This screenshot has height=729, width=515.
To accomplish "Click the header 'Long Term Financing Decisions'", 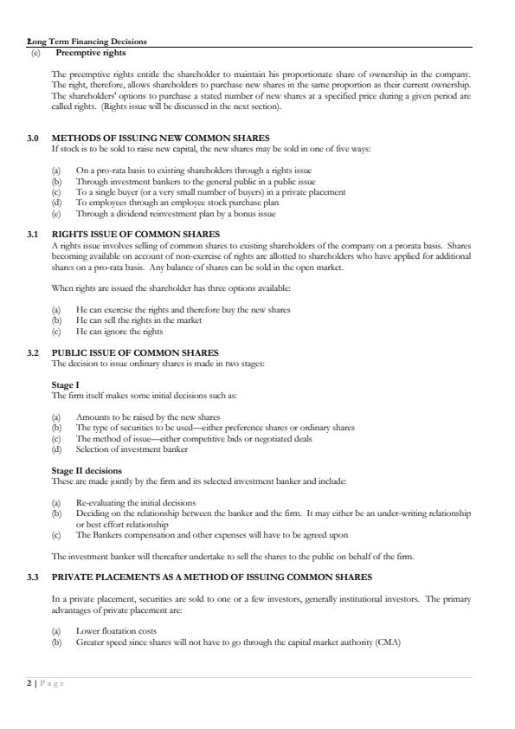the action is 87,42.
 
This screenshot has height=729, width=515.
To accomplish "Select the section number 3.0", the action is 32,138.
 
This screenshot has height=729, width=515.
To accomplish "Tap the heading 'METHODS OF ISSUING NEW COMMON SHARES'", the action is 160,138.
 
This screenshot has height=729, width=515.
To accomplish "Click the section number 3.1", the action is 32,234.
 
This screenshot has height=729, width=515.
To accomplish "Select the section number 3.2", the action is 32,353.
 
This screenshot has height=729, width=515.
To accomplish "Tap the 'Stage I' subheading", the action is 65,384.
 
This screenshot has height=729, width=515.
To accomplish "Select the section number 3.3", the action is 32,577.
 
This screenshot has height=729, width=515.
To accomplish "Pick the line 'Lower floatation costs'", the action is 116,631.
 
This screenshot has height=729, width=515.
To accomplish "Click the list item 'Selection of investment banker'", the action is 132,449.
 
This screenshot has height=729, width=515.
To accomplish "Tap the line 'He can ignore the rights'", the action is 119,332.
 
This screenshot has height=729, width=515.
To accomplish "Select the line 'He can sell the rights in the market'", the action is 138,320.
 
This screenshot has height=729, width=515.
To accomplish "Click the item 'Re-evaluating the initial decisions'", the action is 136,502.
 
